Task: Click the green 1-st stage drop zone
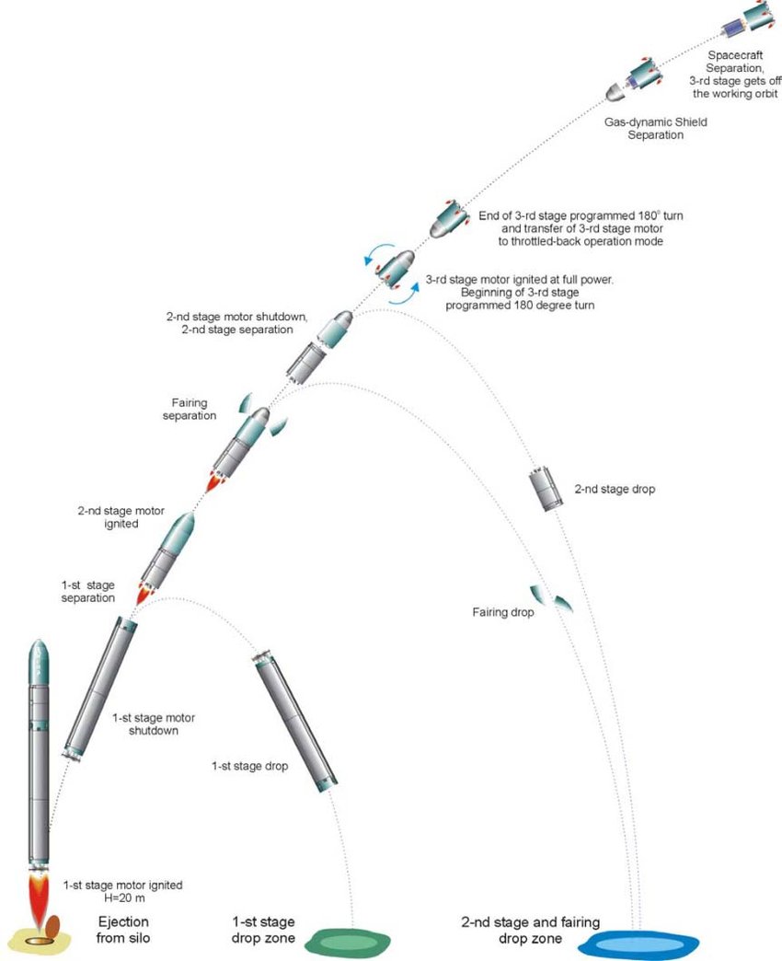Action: (x=348, y=942)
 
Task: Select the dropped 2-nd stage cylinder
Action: (x=546, y=488)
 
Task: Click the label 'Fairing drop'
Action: (x=502, y=611)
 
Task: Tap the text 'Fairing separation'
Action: (x=190, y=409)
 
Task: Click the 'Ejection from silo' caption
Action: (x=123, y=930)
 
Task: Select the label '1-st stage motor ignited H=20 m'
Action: (x=122, y=891)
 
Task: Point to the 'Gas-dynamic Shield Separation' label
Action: (x=655, y=128)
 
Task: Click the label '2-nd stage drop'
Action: (x=615, y=489)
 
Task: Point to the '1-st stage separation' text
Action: (x=88, y=592)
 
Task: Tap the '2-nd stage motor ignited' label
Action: (x=121, y=517)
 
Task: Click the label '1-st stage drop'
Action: (x=250, y=766)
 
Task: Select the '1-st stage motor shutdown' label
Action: (x=153, y=724)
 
